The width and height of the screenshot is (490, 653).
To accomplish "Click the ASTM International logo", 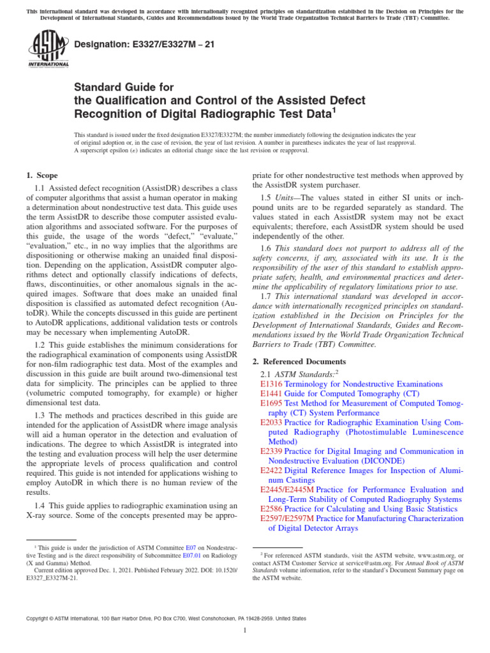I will [48, 49].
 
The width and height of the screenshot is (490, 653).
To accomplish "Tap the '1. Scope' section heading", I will [41, 175].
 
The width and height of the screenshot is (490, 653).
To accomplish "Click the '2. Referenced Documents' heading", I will [298, 361].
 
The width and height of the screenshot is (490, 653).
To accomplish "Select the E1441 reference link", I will [271, 394].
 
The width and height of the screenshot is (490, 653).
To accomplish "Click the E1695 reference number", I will [271, 404].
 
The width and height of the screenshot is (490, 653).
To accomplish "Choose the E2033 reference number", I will [271, 422].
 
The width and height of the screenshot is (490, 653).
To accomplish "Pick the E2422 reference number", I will [271, 470].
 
